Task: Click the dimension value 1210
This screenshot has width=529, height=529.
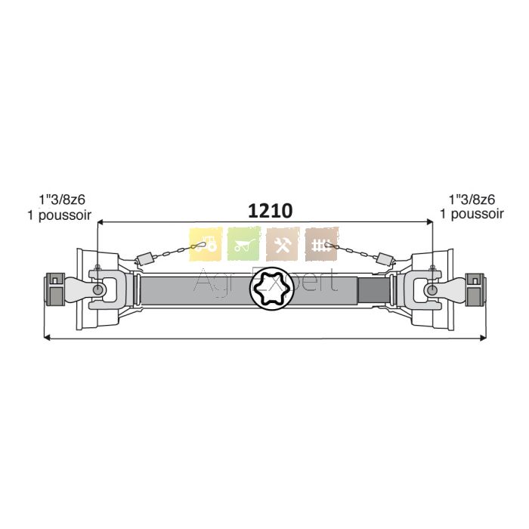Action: coord(270,211)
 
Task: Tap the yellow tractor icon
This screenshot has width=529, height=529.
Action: coord(206,244)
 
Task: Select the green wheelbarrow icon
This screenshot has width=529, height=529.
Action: coord(244,244)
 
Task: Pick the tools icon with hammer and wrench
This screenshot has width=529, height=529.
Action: coord(283,244)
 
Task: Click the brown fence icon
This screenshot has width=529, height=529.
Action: coord(322,244)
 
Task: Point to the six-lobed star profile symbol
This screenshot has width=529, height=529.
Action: coord(271,288)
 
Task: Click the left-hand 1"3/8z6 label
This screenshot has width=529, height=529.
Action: coord(62,200)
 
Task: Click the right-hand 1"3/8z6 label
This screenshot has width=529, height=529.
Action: coord(472,200)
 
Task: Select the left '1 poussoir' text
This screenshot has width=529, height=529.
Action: coord(60,215)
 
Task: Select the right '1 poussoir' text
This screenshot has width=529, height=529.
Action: coord(472,214)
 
